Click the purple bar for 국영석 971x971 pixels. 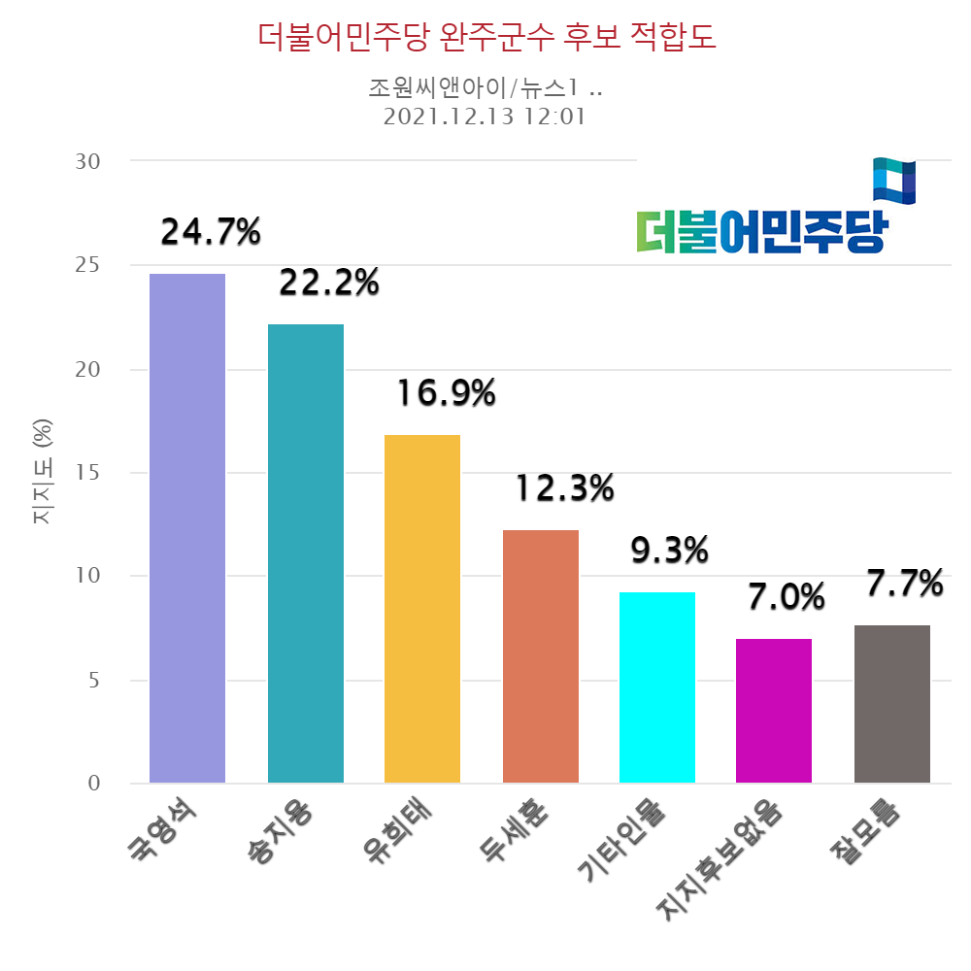[x=187, y=528]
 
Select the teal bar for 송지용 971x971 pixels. [x=306, y=553]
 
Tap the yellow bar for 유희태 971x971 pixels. [x=422, y=609]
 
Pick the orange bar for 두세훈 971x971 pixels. [x=541, y=656]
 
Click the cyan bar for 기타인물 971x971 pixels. [x=657, y=687]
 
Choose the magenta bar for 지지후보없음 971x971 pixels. [x=774, y=711]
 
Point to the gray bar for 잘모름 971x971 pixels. [x=892, y=704]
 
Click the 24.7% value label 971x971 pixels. [x=211, y=232]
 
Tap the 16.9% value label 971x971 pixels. [x=446, y=393]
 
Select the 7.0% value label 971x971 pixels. [x=786, y=597]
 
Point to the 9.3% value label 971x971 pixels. [x=669, y=552]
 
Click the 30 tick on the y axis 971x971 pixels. [x=88, y=161]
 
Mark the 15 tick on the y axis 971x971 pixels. [x=88, y=473]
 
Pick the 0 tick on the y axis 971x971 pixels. [x=94, y=784]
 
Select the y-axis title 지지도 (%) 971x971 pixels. [x=44, y=473]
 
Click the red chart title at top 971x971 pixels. [x=486, y=38]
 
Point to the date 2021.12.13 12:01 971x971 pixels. [x=486, y=117]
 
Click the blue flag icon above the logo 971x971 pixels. [x=893, y=181]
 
